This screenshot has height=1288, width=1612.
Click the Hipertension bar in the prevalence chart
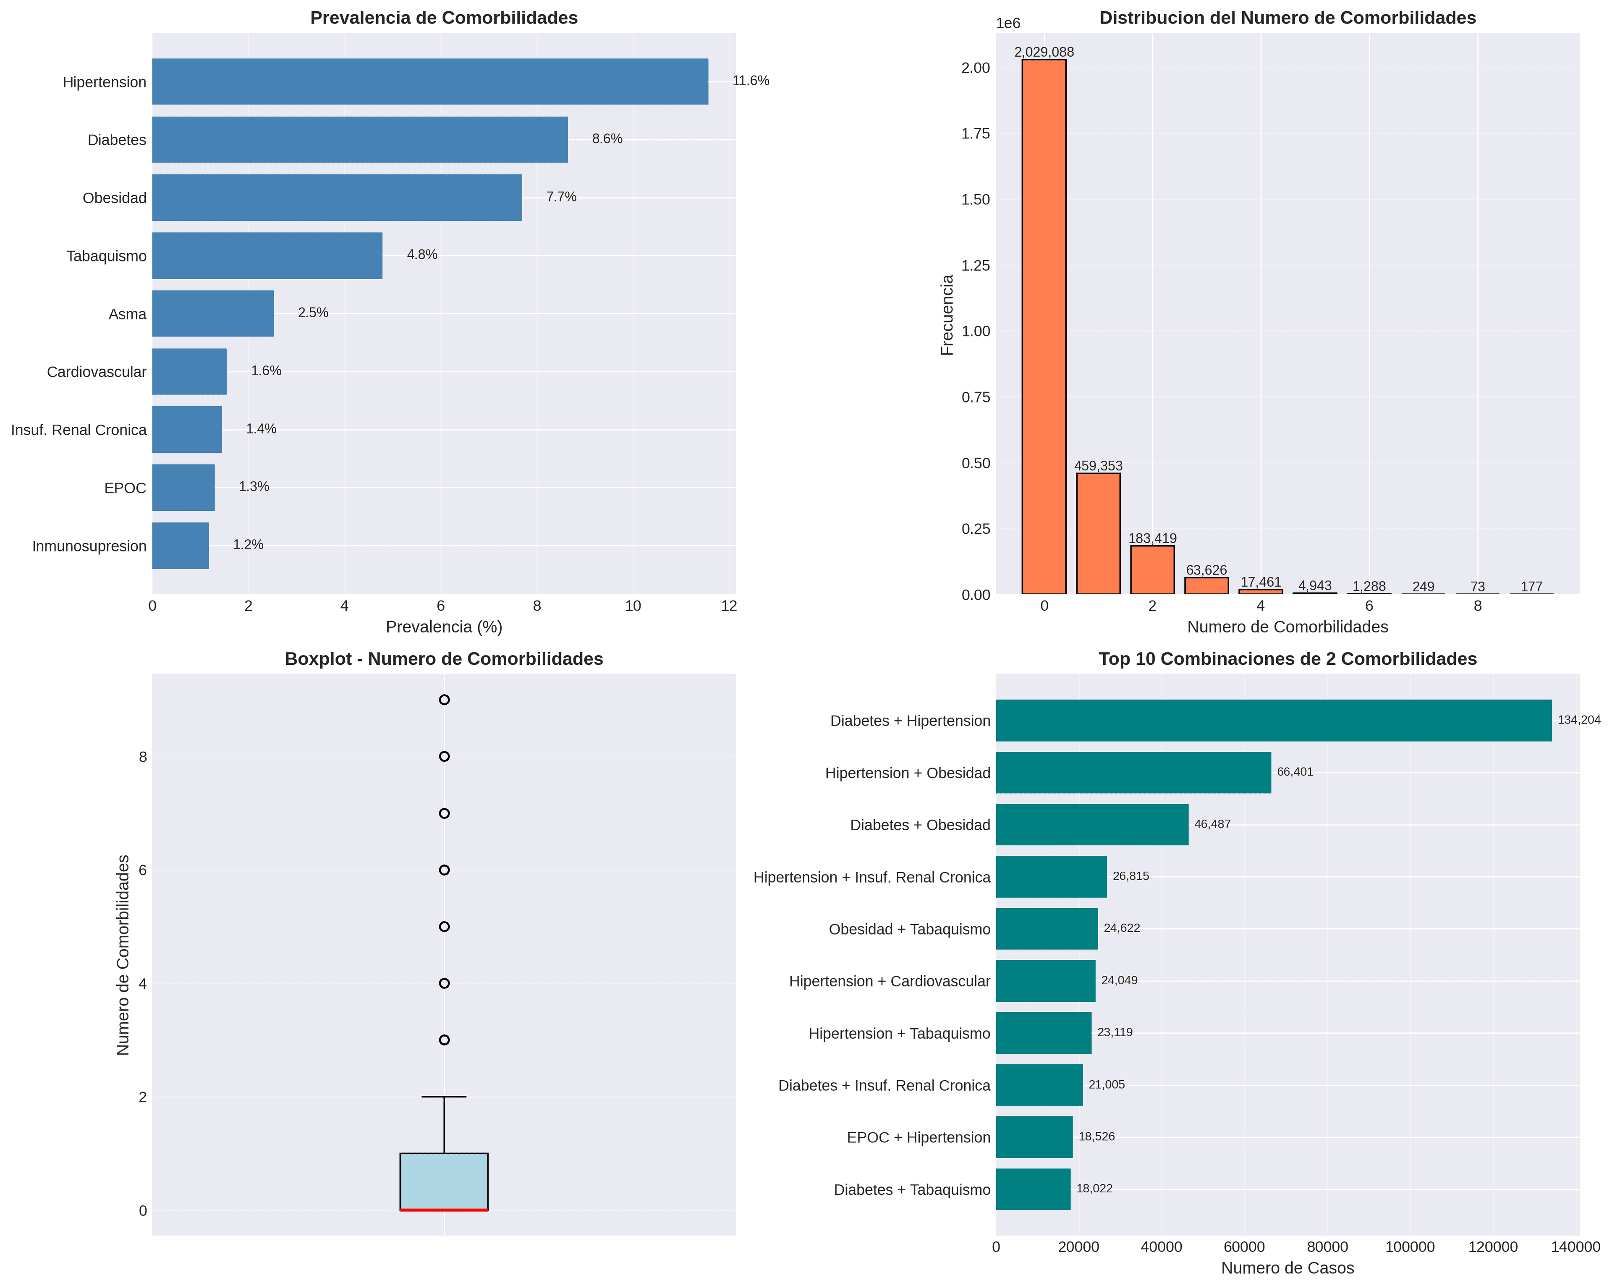click(x=430, y=81)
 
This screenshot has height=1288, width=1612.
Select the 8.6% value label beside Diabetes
click(x=607, y=139)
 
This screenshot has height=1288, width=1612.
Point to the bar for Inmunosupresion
click(x=180, y=546)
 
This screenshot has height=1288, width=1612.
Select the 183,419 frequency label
click(x=1152, y=538)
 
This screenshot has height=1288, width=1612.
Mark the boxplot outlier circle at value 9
click(x=444, y=700)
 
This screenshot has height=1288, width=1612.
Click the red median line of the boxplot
click(x=444, y=1210)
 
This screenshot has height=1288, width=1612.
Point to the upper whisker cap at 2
click(x=444, y=1097)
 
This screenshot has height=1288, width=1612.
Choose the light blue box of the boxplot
click(x=444, y=1181)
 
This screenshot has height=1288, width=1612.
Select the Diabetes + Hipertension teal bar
click(x=1273, y=721)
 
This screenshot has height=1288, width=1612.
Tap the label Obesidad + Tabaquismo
click(x=909, y=929)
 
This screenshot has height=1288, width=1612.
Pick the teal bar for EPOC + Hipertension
click(x=1034, y=1137)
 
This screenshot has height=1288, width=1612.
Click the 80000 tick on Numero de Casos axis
click(x=1327, y=1247)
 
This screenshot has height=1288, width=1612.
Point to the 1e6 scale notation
click(x=1008, y=24)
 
